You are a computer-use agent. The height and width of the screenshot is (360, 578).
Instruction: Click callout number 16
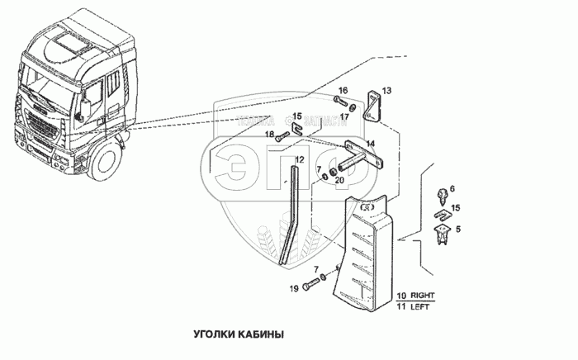click(343, 90)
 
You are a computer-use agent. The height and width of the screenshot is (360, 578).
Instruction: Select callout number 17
click(344, 116)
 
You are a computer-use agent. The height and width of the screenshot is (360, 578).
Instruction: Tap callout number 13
click(386, 90)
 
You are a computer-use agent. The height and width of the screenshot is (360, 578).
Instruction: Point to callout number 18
click(269, 134)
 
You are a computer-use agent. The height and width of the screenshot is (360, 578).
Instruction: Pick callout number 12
click(299, 159)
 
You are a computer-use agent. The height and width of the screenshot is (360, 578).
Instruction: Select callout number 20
click(339, 181)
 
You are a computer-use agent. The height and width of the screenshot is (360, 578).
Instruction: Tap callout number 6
click(452, 190)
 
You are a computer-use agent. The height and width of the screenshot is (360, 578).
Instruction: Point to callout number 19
click(293, 288)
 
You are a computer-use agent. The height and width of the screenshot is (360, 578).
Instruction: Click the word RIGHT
click(425, 294)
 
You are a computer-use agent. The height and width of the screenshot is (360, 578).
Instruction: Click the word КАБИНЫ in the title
click(258, 335)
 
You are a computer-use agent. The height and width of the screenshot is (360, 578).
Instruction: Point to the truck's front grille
click(41, 131)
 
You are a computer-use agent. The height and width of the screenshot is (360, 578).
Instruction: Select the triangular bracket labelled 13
click(372, 105)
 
